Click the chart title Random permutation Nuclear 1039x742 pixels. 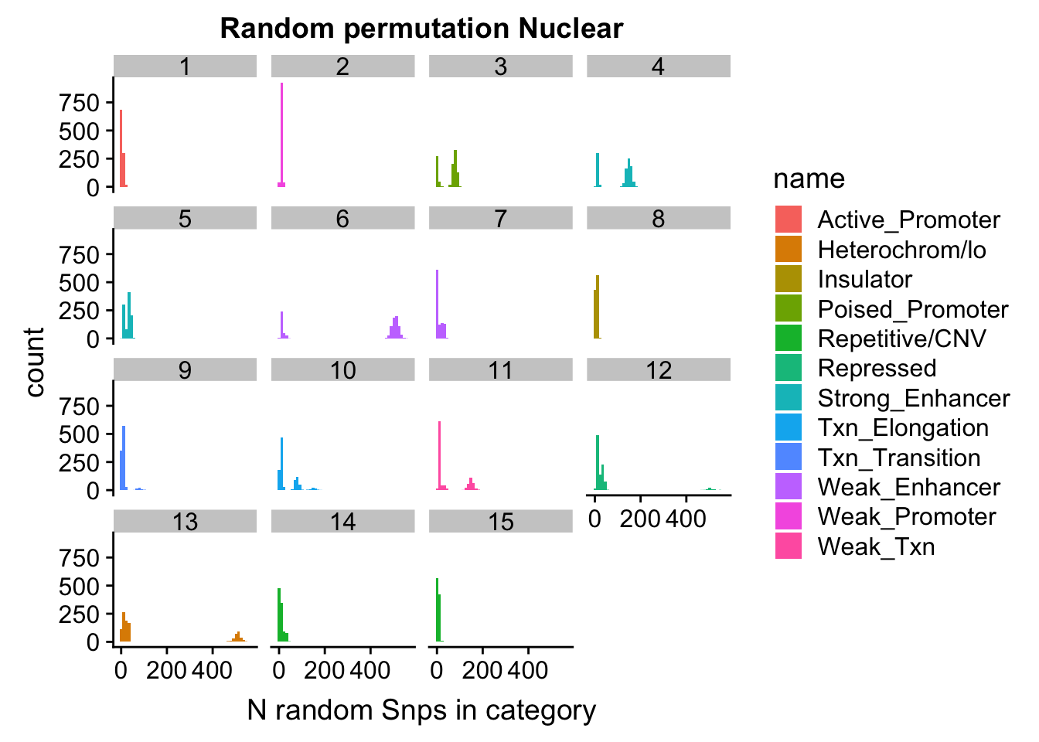coord(421,29)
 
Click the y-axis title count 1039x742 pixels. coord(35,362)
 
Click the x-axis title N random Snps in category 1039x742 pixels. coord(421,710)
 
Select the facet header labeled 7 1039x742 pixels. coord(500,219)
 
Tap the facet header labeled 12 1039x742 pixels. coord(658,370)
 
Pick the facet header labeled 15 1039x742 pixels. coord(500,522)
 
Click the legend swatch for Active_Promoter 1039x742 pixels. coord(789,220)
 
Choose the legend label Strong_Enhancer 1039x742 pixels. coord(913,398)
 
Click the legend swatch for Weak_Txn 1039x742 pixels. coord(789,546)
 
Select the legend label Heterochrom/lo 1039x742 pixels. coord(901,250)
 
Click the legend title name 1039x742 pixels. coord(809,179)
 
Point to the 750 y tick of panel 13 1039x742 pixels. coord(80,558)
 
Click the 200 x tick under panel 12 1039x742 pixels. coord(640,518)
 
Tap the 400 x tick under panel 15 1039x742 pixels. coord(528,669)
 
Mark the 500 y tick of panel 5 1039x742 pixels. coord(80,283)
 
